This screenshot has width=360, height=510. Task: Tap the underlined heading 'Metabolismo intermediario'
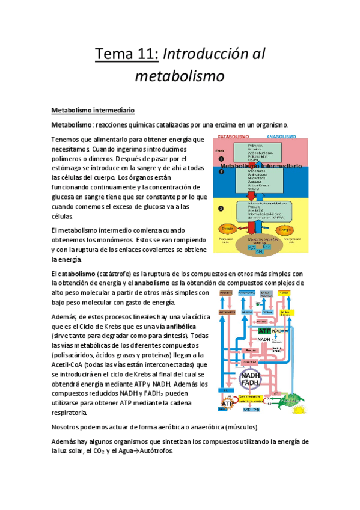point(93,111)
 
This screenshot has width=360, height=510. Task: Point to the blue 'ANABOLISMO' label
point(277,137)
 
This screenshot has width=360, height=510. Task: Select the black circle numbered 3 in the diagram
point(221,208)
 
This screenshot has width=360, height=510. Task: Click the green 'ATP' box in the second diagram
point(264,331)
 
